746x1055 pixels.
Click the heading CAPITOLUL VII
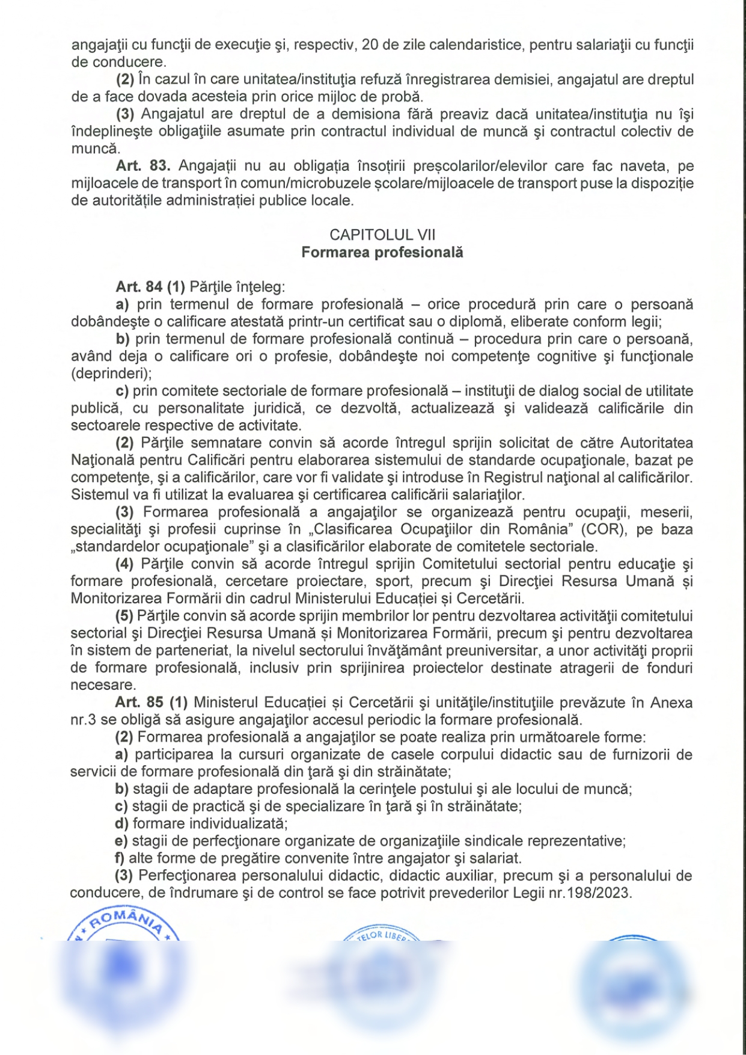point(382,235)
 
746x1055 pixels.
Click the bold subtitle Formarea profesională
point(382,252)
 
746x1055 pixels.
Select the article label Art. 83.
point(143,166)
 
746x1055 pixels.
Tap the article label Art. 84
point(139,287)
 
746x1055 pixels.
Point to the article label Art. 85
point(139,703)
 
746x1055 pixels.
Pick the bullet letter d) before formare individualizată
point(121,823)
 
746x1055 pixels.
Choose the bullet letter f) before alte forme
point(120,858)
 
